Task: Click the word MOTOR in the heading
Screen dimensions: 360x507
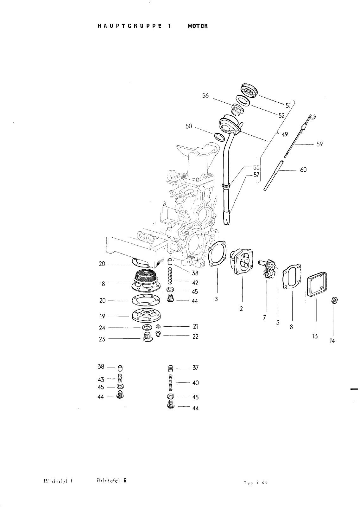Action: pyautogui.click(x=198, y=26)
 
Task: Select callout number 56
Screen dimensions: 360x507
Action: pyautogui.click(x=205, y=95)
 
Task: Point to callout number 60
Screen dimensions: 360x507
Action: pyautogui.click(x=303, y=170)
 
